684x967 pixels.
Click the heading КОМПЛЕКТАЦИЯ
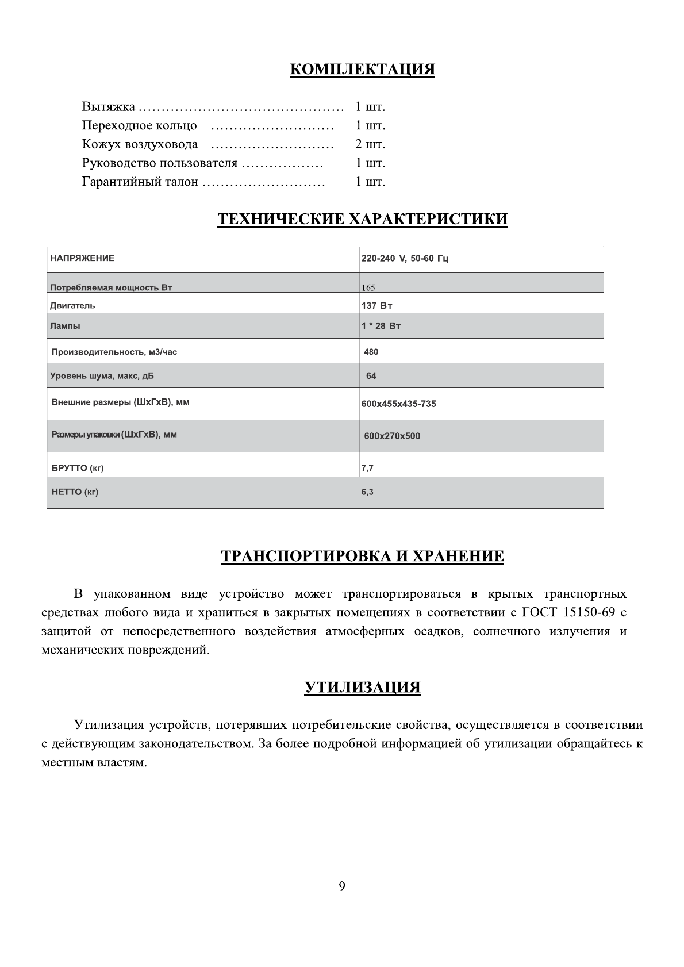click(362, 70)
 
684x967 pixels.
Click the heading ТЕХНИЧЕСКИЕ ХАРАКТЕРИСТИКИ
click(362, 219)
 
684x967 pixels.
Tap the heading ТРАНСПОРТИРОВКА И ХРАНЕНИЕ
click(362, 556)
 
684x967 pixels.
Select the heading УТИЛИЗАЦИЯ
click(362, 687)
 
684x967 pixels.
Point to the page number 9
click(342, 887)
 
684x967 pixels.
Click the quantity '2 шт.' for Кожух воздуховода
click(370, 144)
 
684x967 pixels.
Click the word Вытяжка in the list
click(109, 107)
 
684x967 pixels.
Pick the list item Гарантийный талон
click(140, 182)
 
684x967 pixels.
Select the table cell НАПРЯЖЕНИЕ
click(82, 258)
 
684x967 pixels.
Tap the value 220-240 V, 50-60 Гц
click(405, 259)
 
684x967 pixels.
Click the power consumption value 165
click(368, 287)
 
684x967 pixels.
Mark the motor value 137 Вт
click(377, 305)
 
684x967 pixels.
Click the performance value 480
click(371, 352)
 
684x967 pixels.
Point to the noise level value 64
click(371, 376)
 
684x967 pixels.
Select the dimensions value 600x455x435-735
click(398, 404)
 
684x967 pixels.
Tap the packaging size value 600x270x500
click(392, 436)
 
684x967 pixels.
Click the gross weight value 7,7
click(367, 468)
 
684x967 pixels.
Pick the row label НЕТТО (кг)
click(75, 492)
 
